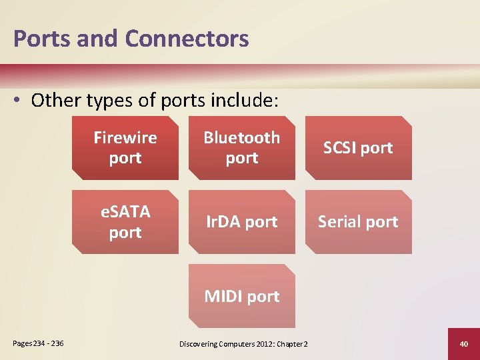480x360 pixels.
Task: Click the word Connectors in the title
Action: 187,39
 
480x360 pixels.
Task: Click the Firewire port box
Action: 125,148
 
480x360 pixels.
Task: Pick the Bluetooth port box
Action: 241,148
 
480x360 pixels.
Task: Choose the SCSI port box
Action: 358,148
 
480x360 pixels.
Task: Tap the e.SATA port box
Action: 125,222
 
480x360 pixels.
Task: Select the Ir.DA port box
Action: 241,222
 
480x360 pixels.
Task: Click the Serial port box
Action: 358,222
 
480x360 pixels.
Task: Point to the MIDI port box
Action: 241,296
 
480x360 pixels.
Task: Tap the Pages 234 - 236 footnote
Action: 38,343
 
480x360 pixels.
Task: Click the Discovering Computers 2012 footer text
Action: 243,344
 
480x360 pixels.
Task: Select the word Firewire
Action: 125,138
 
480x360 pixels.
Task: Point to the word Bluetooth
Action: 241,138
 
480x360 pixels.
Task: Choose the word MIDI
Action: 225,296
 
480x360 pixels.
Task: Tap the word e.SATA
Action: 125,212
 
